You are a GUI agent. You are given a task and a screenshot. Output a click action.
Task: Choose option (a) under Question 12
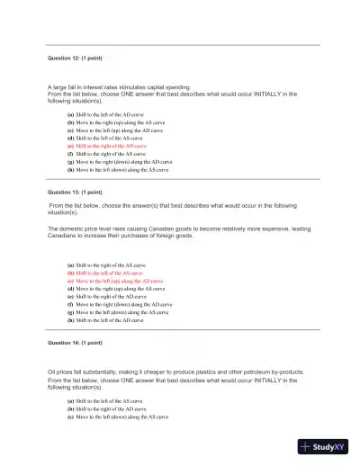point(112,114)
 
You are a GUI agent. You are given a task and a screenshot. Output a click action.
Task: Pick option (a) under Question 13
point(112,264)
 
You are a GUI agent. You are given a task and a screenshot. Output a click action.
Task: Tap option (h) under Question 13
point(112,319)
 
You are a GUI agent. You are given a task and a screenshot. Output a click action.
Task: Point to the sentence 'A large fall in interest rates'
point(99,86)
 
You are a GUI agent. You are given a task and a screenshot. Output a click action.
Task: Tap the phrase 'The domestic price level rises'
point(99,229)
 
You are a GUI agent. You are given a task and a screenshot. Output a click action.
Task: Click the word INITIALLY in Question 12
point(274,93)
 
